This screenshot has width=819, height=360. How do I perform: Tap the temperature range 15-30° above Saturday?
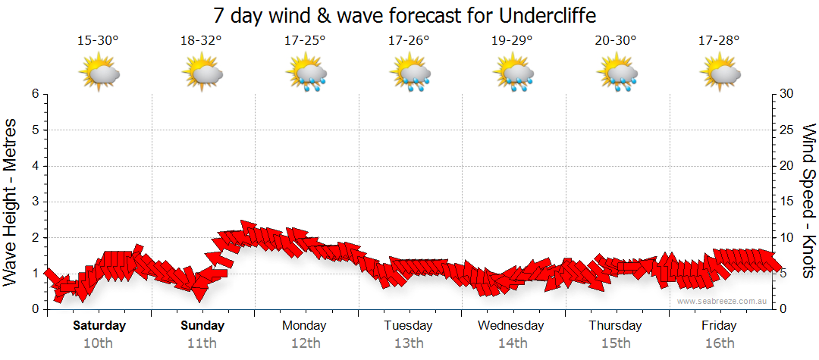point(98,41)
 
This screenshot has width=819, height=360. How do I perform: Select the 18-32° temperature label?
point(201,41)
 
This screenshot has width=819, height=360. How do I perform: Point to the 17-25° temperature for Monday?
point(305,41)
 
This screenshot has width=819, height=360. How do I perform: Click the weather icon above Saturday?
point(99,74)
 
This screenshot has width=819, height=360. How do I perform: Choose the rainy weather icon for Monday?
point(306,74)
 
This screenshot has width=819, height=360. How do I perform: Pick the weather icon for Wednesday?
point(513,74)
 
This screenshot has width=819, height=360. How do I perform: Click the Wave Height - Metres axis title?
point(12,202)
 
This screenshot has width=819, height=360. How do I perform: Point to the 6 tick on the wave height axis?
point(35,94)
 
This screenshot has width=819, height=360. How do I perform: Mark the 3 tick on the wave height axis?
point(35,202)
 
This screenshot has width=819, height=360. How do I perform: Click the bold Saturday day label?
point(99,326)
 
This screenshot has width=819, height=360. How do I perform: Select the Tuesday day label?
point(408,326)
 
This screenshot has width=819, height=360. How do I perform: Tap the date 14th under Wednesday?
point(512,343)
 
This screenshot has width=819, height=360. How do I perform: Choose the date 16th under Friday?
point(719,343)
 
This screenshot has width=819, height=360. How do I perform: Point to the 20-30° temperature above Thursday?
point(616,41)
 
